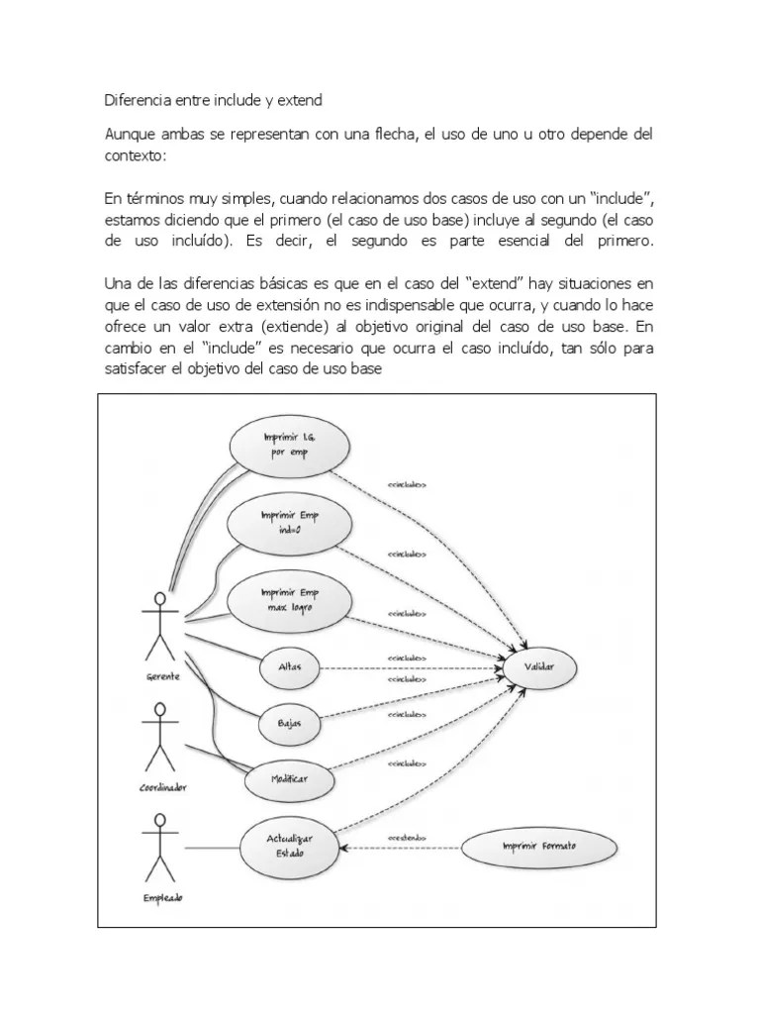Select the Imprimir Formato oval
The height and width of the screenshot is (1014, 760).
point(538,847)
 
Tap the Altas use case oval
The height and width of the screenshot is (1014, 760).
point(289,668)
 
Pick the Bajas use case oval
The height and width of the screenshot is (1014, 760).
point(289,725)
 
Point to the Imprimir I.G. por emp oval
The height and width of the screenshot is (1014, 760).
point(288,446)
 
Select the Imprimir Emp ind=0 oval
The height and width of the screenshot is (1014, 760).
point(289,523)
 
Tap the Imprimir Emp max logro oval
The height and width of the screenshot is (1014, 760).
point(289,600)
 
